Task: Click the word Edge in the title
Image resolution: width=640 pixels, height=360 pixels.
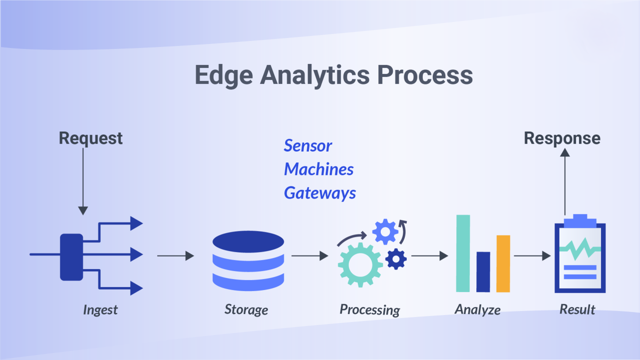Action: click(224, 75)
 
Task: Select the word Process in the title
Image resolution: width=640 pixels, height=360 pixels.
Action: click(425, 75)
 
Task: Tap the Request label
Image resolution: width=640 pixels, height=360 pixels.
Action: click(91, 138)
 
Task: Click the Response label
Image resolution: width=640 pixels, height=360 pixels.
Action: click(562, 138)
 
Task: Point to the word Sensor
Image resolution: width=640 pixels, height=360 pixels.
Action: click(308, 145)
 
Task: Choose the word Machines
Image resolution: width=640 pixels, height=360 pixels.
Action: click(319, 169)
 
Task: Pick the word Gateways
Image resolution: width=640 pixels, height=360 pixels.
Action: click(320, 193)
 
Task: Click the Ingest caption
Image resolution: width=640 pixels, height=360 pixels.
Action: click(100, 310)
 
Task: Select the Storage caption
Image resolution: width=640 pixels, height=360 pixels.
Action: click(246, 310)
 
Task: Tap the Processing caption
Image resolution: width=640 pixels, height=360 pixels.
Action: click(370, 310)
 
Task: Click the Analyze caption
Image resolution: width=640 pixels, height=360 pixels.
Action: click(477, 310)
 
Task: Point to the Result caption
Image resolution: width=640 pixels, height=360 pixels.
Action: click(577, 309)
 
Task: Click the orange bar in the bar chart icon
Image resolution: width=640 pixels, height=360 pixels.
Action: click(503, 264)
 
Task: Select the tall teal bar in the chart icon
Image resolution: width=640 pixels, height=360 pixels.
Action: click(463, 253)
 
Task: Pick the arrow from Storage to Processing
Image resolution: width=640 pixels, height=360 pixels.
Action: click(310, 256)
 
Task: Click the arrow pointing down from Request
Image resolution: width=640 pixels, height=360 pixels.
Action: click(83, 181)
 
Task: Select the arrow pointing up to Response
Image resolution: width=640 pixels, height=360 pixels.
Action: click(565, 182)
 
